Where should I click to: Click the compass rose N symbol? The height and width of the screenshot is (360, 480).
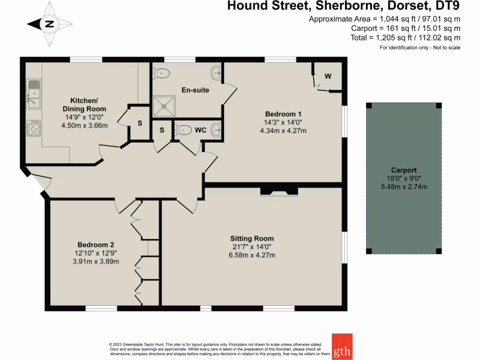coord(49,24)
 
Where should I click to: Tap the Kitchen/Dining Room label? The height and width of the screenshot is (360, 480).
coord(84,105)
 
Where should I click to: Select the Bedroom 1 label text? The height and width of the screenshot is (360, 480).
coord(283,114)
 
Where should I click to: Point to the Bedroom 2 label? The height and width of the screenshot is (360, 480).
coord(96,245)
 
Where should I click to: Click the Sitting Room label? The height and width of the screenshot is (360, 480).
coord(252,238)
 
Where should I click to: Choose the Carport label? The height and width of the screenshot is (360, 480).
coord(404,170)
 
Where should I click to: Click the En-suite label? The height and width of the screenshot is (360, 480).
coord(195,90)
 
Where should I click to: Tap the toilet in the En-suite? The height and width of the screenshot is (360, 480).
coord(162,73)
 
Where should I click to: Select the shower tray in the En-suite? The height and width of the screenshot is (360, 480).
coord(164,106)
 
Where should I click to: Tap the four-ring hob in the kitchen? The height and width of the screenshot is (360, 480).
coord(34,128)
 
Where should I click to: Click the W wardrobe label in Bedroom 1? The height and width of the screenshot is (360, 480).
coord(328,76)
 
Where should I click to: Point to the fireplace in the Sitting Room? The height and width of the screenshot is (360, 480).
coord(279,191)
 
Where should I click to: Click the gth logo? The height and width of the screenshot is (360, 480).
coord(342,346)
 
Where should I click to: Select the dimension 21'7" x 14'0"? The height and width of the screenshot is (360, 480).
coord(252,247)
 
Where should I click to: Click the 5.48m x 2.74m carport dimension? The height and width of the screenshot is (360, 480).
coord(404,187)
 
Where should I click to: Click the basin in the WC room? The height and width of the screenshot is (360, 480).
coord(216,130)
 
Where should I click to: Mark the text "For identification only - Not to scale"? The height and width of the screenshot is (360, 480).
coord(420,48)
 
